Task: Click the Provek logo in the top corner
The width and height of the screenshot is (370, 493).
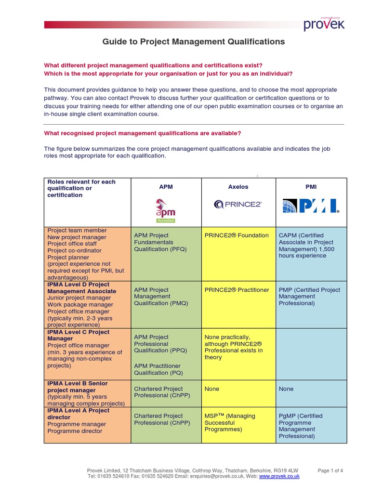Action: pos(324,24)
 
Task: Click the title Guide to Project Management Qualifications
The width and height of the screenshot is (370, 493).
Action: pos(194,42)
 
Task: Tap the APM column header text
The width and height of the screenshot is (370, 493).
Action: pos(166,186)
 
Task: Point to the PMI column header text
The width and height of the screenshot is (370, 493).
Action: pos(311,186)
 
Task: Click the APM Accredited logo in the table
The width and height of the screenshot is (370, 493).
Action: pos(165,210)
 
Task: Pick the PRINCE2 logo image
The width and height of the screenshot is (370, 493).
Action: pos(238,204)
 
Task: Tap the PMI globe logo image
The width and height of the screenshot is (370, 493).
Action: pos(311,206)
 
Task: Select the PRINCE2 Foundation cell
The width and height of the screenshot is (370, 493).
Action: pos(237,235)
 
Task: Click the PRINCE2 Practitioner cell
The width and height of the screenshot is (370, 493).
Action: pos(237,290)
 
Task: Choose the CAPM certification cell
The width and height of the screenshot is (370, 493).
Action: pos(306,246)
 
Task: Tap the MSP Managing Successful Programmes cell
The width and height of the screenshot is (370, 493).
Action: pos(230,422)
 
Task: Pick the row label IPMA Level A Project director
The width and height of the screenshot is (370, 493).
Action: pos(79,414)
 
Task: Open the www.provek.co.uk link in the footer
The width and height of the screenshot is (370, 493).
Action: pos(279,476)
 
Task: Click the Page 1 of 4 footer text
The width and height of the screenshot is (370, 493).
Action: pos(330,470)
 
